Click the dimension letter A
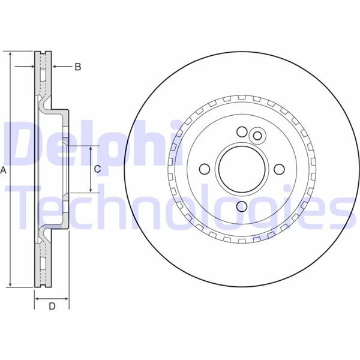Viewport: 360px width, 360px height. (x=4, y=171)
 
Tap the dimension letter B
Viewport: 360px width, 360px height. (x=77, y=67)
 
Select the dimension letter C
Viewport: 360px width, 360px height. (x=98, y=169)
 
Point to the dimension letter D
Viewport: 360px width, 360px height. (x=52, y=307)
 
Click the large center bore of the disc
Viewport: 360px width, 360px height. (x=241, y=169)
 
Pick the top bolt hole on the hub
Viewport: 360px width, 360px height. (x=242, y=131)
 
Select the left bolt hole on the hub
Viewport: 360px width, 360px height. (x=203, y=169)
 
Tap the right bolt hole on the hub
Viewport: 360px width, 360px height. (x=278, y=169)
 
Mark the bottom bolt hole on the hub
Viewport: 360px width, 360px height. (x=242, y=206)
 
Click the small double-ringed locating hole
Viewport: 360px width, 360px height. (x=258, y=136)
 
